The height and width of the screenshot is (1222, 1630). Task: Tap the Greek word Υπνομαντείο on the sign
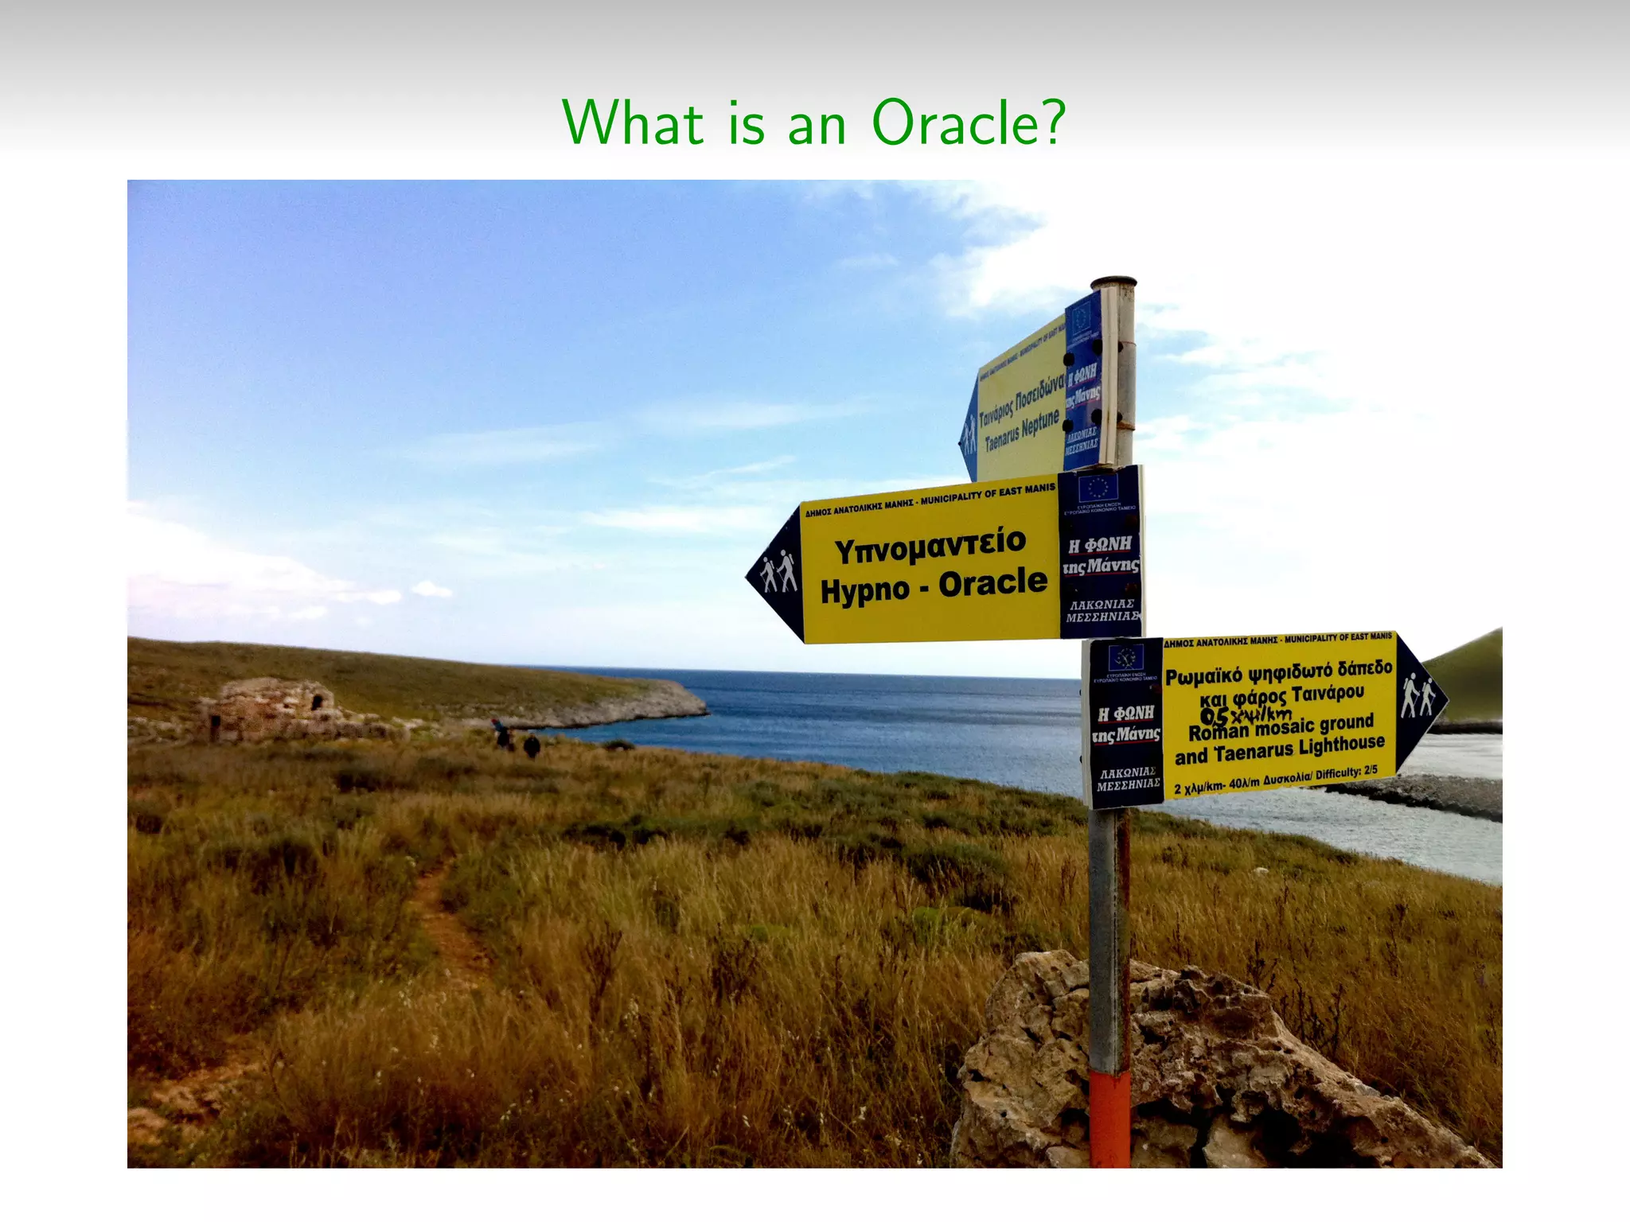930,545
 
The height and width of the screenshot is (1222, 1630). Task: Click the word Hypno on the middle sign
864,591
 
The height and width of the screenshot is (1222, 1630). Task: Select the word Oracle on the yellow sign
992,583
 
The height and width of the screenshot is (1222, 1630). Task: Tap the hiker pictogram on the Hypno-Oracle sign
778,571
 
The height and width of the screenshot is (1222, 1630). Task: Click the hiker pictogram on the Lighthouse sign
1417,695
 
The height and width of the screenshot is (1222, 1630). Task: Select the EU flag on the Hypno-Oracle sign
1098,488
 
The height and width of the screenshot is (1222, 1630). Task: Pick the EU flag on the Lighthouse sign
1125,658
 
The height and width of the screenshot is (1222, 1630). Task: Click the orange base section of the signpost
1109,1118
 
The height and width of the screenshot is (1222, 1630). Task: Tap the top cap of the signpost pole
1113,282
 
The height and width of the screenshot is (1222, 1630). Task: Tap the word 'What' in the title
633,123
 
